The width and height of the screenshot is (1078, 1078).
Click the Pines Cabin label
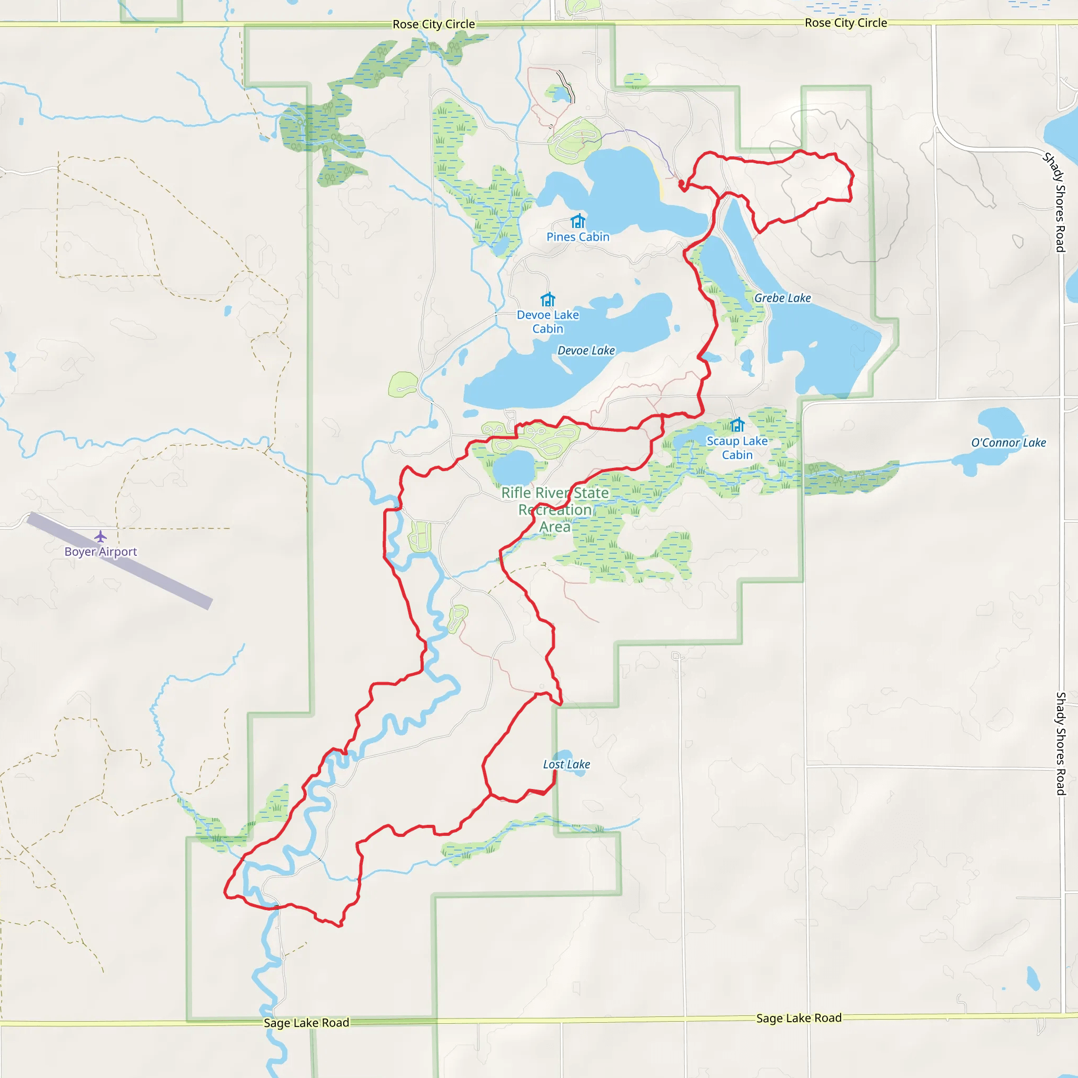(577, 236)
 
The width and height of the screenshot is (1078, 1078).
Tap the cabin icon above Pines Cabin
(577, 221)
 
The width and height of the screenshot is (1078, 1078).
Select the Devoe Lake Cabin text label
(547, 322)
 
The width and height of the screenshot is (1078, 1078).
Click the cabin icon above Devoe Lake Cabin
(548, 299)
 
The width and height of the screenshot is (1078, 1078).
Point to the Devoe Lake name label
(586, 351)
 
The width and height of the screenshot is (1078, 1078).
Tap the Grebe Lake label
(782, 298)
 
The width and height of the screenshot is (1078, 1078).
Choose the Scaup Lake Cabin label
(736, 448)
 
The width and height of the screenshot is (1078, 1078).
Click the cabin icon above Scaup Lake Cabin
(737, 425)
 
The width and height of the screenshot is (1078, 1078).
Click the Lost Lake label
(566, 764)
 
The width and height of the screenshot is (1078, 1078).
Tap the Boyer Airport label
(101, 552)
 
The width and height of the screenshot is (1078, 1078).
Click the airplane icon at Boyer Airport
(101, 536)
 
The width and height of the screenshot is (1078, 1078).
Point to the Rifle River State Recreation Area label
(555, 510)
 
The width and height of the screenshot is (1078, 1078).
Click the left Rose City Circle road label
(434, 24)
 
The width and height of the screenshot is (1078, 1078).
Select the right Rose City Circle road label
(845, 23)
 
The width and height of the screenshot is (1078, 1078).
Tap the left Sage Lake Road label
(306, 1023)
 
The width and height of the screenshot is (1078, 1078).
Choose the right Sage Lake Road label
(798, 1019)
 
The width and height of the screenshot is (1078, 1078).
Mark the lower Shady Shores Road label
(1061, 743)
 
